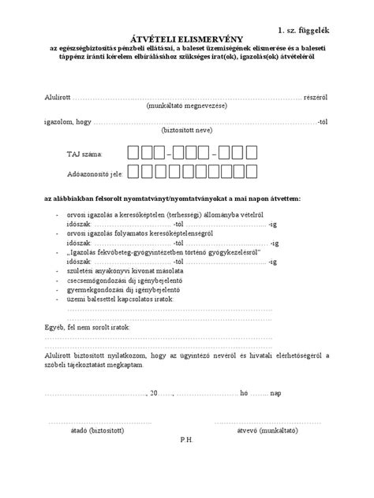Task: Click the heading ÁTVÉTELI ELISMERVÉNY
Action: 186,37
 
